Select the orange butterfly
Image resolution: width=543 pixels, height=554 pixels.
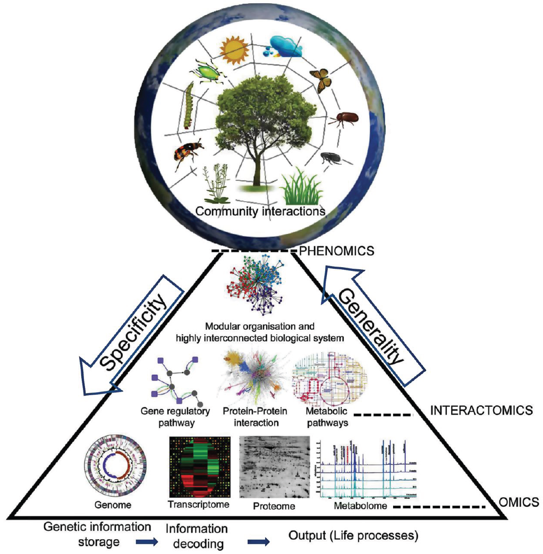tap(320, 80)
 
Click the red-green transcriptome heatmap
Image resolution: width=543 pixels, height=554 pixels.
tap(200, 466)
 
